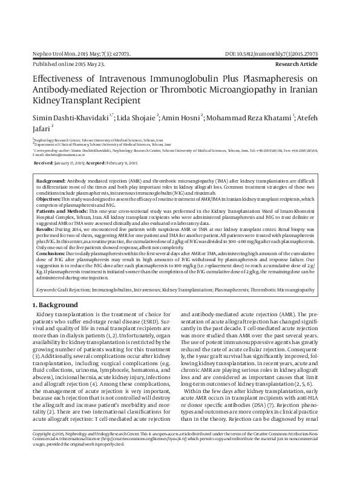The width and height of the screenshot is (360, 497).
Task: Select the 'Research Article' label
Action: coord(305,63)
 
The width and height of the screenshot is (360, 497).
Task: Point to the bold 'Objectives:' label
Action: coord(50,199)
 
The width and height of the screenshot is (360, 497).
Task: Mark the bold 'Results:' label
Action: coord(46,229)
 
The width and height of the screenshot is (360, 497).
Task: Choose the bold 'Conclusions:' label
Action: coord(52,252)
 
